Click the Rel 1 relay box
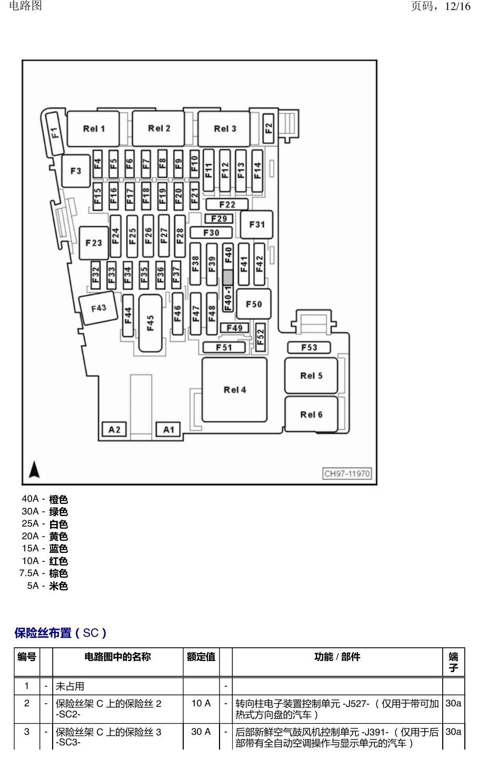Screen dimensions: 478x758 [93, 129]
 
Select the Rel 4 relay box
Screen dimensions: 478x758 [235, 390]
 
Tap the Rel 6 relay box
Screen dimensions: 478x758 [311, 414]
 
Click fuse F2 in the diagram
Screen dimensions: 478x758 [268, 128]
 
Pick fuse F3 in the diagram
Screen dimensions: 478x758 [76, 171]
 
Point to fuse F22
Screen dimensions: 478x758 [227, 205]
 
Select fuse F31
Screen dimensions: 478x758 [256, 225]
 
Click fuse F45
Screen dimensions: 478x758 [151, 323]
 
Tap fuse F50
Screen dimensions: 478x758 [254, 304]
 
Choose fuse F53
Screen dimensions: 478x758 [309, 347]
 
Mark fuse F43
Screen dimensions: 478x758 [98, 308]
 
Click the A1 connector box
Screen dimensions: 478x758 [168, 430]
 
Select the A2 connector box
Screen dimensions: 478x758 [114, 430]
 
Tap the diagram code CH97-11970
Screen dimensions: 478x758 [347, 473]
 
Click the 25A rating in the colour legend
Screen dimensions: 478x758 [30, 523]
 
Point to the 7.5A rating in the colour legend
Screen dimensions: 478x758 [29, 573]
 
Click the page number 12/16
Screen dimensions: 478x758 [457, 6]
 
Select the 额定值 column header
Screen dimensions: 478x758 [201, 657]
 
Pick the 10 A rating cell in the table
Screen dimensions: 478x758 [201, 703]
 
